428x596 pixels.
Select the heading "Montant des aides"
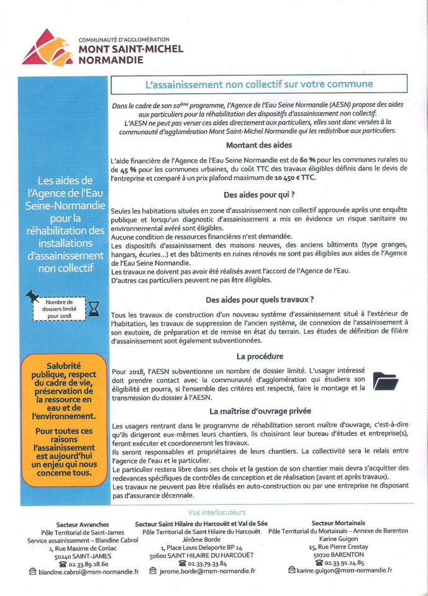(258, 145)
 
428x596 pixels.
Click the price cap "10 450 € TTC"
(292, 178)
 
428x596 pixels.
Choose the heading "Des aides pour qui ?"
(259, 194)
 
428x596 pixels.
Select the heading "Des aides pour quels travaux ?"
(259, 299)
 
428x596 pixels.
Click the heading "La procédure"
(260, 356)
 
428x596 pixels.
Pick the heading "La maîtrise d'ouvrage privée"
(260, 411)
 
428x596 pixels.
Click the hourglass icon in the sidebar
(94, 309)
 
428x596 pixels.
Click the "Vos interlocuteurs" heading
(217, 512)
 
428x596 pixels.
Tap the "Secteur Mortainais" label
(339, 524)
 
